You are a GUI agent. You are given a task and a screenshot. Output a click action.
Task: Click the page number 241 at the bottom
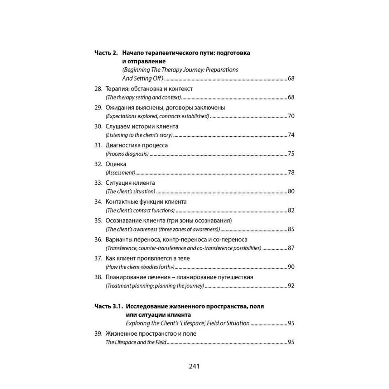click(194, 366)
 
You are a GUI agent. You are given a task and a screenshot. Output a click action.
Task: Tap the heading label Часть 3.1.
click(109, 307)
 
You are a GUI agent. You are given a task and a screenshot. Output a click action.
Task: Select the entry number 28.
click(98, 89)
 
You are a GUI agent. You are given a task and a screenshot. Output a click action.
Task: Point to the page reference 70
click(291, 116)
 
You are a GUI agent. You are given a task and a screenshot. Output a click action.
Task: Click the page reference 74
click(291, 135)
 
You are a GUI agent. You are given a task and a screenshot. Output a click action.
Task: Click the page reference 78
click(291, 172)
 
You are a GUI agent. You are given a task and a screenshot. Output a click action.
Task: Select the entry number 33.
click(98, 182)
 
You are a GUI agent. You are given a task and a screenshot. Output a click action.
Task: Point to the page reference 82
click(291, 210)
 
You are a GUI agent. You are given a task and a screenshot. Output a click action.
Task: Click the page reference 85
click(291, 229)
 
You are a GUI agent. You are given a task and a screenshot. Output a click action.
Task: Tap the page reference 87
click(291, 248)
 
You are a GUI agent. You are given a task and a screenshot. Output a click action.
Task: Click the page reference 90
click(291, 266)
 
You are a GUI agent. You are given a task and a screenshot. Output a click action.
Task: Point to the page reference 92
click(291, 286)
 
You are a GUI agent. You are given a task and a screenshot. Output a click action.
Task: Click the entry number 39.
click(98, 333)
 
